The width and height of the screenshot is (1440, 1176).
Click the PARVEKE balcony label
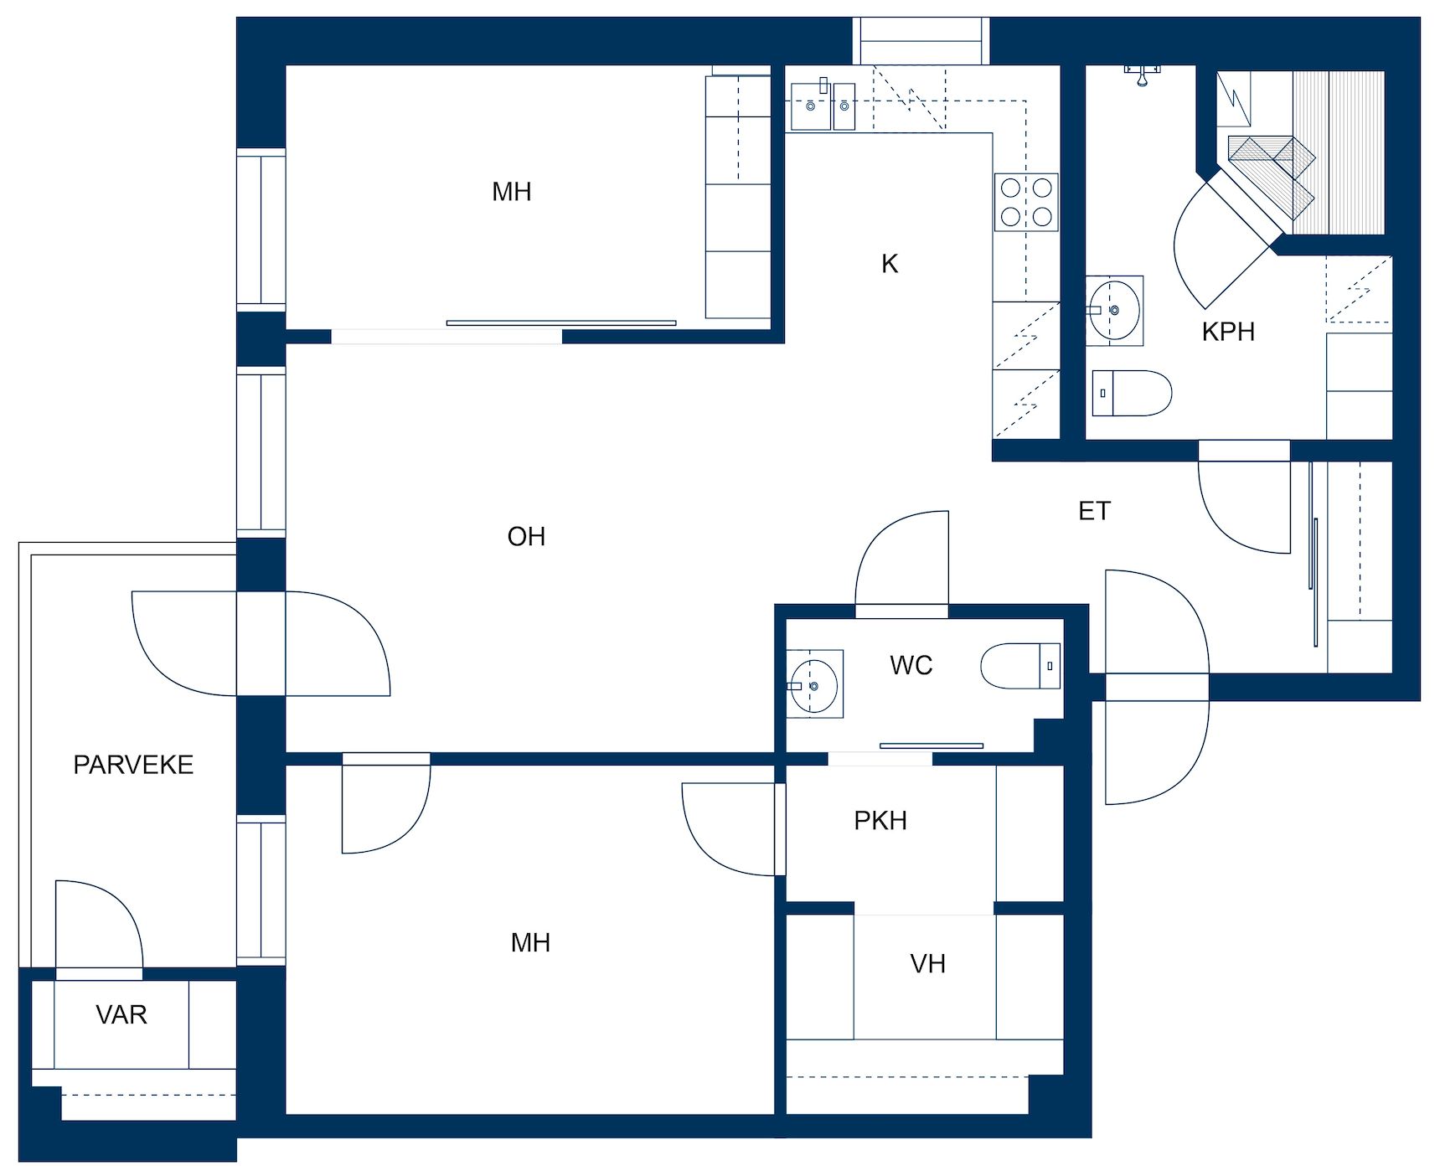(133, 765)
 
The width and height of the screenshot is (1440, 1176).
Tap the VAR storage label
(121, 1014)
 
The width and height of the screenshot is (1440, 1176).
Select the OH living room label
(526, 536)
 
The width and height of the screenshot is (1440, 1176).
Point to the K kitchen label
(890, 264)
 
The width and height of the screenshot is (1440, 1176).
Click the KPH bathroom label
(1228, 332)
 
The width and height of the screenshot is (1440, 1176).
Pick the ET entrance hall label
(1094, 511)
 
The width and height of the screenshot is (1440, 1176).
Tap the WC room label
(911, 665)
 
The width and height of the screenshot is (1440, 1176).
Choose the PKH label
(880, 820)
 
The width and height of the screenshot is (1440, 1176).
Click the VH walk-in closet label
(927, 964)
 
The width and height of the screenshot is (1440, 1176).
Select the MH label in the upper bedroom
(511, 192)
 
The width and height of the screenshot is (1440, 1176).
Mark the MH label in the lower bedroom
(530, 942)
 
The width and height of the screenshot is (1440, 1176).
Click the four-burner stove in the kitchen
(1026, 202)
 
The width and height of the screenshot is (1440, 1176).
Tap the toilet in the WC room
(1020, 666)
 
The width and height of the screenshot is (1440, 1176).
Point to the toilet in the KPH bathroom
(1132, 394)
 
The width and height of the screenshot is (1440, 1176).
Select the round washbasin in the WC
(814, 686)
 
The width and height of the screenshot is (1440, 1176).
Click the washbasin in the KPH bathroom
(1114, 311)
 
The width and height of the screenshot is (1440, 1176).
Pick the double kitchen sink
(823, 106)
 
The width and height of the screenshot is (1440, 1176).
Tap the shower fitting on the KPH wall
(1142, 74)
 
